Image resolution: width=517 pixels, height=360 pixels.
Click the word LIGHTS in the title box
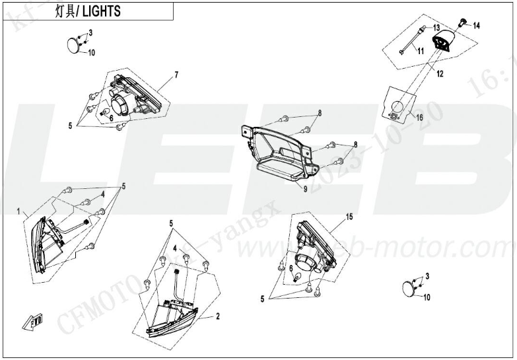(x=102, y=12)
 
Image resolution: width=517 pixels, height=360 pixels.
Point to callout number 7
(x=176, y=75)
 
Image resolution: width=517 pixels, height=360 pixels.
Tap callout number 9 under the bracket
(x=306, y=188)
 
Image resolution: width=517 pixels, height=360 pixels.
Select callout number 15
(x=349, y=217)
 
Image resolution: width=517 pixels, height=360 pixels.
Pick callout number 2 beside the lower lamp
(x=217, y=318)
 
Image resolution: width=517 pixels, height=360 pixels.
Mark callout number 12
(x=439, y=75)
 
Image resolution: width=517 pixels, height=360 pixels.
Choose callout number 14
(x=476, y=26)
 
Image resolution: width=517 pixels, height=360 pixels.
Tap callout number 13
(x=436, y=28)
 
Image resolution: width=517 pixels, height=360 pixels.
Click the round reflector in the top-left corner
(x=73, y=44)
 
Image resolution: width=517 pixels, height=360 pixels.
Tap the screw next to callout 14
(x=463, y=23)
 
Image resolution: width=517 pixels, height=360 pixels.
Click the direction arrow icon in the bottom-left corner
(x=32, y=322)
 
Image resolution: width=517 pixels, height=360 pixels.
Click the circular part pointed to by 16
(x=398, y=108)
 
